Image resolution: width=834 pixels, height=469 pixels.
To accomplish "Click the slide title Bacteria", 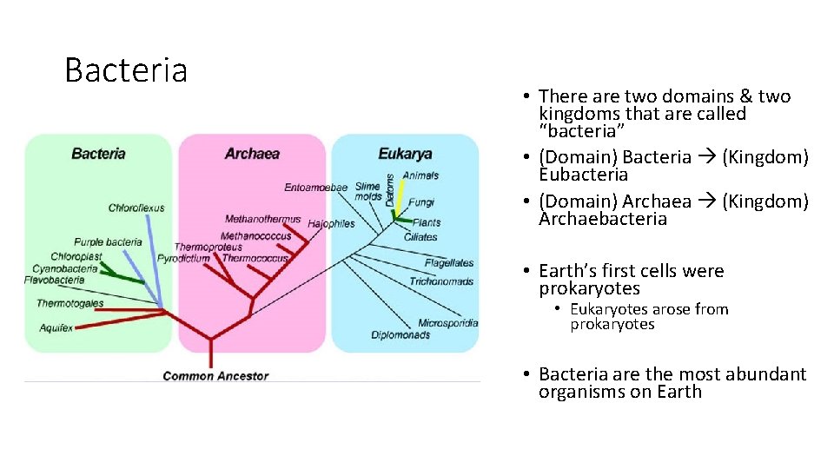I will pos(126,70).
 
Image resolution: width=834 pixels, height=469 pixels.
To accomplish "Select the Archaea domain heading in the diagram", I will pos(252,154).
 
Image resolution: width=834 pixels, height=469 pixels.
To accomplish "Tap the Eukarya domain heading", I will pos(405,154).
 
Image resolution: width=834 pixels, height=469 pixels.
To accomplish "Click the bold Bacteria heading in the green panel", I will pos(98,154).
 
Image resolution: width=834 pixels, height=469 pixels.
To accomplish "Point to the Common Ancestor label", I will pos(215,376).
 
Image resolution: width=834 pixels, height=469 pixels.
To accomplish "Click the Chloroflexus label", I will pos(136,208).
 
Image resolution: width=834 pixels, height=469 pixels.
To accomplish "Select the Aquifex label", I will pos(56,327).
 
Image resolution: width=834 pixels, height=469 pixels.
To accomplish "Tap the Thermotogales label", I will pos(69,303).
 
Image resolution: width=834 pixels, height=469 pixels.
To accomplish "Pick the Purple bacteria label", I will pos(108,242).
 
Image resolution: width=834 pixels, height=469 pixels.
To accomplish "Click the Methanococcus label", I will pos(255,235).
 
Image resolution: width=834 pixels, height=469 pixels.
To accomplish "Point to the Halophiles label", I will pos(331,223).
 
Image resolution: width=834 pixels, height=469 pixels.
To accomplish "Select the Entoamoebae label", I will pos(315,187).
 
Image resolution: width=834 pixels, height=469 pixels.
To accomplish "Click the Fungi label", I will pos(421,202).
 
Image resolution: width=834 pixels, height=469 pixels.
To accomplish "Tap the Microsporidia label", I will pos(447,323).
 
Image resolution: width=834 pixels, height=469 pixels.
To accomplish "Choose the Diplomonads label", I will pos(400,335).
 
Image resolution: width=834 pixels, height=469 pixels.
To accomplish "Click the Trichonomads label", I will pos(441,281).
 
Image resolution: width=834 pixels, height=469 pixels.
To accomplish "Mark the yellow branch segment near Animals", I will pos(400,187).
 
